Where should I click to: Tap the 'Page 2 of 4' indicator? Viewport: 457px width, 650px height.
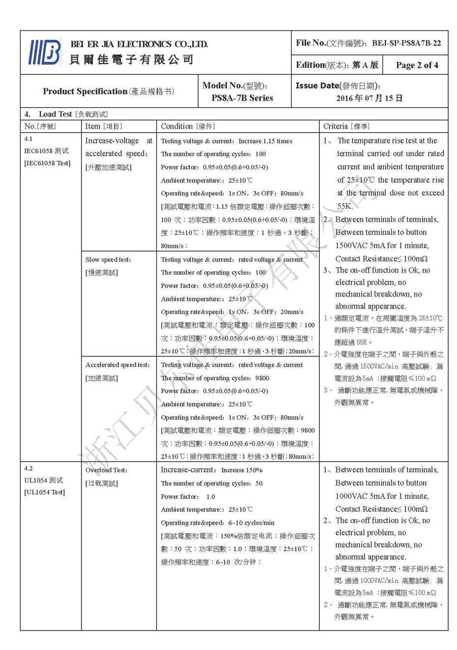(x=417, y=65)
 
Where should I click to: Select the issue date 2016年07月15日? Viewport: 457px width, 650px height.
(x=369, y=98)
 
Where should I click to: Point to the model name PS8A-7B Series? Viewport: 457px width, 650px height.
(x=242, y=98)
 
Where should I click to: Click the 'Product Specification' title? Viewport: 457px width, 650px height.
(x=85, y=91)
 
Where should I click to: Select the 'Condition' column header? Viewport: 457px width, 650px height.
(x=177, y=126)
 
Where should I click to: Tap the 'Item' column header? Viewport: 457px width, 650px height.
(x=93, y=126)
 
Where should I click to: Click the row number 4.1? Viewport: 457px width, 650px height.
(x=29, y=139)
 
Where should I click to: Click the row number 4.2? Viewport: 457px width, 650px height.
(x=29, y=468)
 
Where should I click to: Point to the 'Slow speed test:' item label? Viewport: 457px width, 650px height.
(x=108, y=259)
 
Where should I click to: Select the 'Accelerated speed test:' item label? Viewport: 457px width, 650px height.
(x=117, y=365)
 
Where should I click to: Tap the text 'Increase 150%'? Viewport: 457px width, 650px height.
(x=241, y=470)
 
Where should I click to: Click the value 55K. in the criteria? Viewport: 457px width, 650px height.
(x=345, y=206)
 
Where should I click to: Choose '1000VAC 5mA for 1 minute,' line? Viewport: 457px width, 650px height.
(x=382, y=496)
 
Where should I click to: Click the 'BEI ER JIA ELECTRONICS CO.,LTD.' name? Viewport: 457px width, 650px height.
(x=139, y=44)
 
